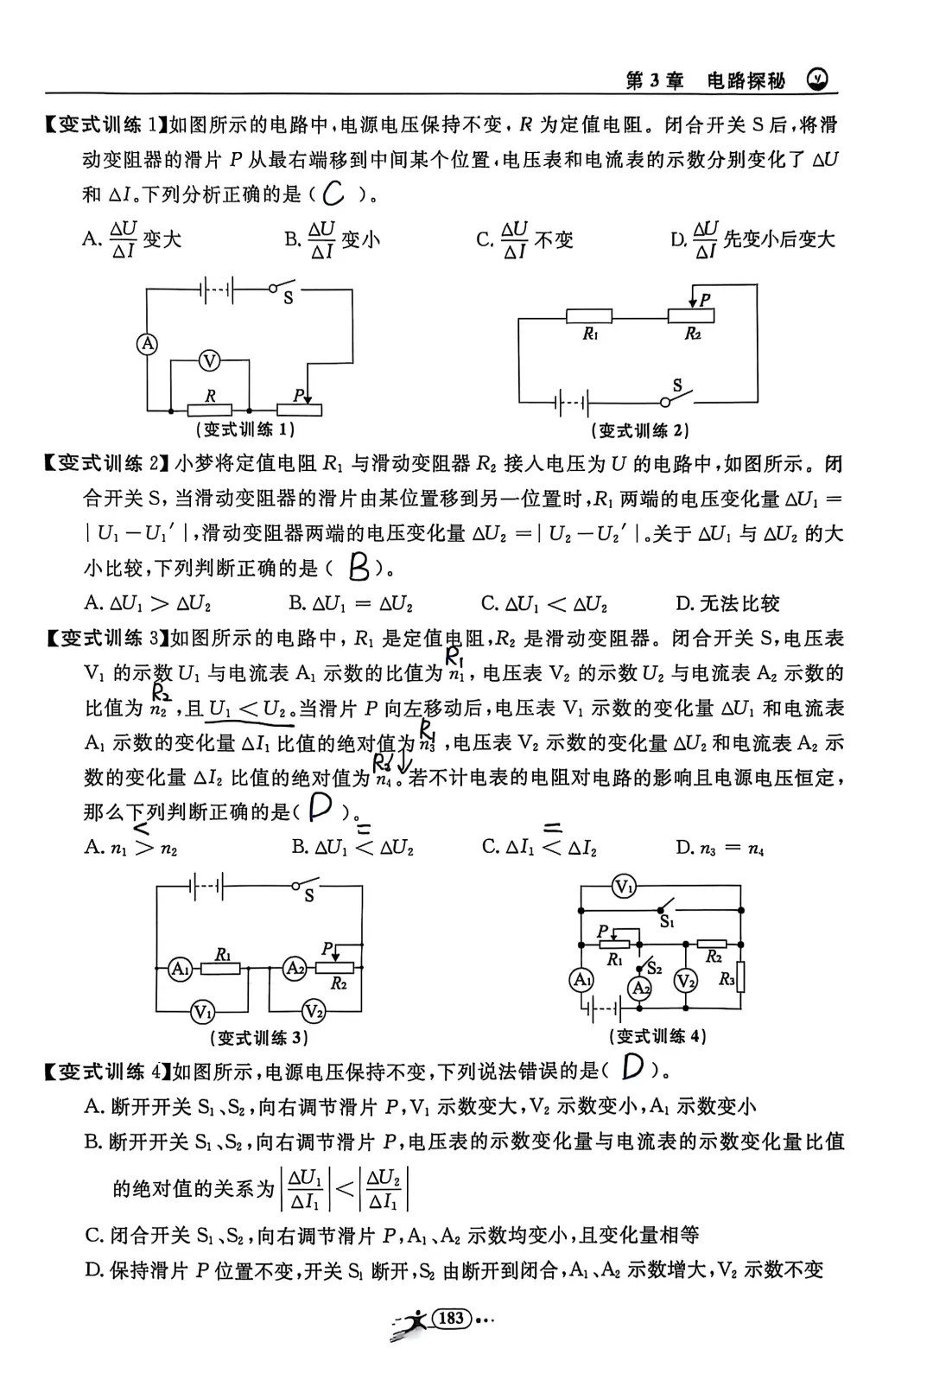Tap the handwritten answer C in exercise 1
(333, 194)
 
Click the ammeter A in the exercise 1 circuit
(148, 344)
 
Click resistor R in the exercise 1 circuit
(210, 409)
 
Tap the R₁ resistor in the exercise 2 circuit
(588, 317)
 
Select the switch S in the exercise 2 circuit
(678, 398)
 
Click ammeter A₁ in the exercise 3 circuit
(179, 969)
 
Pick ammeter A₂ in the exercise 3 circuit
(295, 969)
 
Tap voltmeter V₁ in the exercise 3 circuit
(202, 1011)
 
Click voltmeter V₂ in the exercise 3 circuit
(313, 1011)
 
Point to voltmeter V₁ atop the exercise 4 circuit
(624, 886)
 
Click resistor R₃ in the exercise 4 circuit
(740, 978)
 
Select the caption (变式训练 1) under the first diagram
(246, 429)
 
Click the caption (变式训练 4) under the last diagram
(657, 1036)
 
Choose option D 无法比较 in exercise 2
(727, 603)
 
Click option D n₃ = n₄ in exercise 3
(720, 848)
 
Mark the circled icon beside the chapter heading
(816, 80)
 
